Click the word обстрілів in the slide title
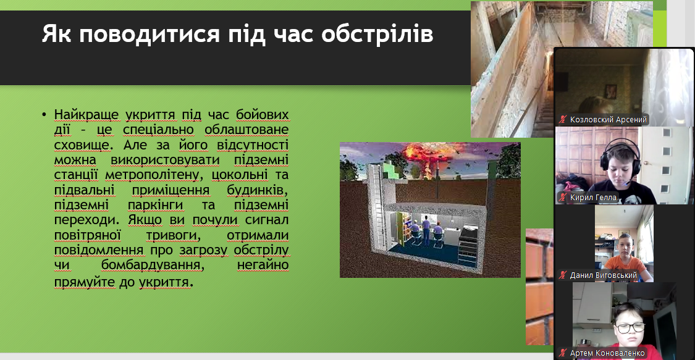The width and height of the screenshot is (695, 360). [x=377, y=33]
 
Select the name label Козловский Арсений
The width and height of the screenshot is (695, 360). [x=608, y=120]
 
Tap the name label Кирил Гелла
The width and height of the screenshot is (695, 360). [x=593, y=198]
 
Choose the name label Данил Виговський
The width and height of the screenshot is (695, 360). [x=603, y=275]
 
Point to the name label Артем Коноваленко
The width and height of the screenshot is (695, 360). [x=607, y=353]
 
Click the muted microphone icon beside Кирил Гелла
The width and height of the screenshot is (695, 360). [x=563, y=198]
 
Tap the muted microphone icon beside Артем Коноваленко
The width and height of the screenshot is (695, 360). [x=563, y=353]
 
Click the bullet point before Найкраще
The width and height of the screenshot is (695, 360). [x=44, y=115]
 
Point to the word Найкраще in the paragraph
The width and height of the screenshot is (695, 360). [x=86, y=115]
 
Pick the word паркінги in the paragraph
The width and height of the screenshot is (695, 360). [x=155, y=205]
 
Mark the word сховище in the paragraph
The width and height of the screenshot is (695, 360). [x=82, y=144]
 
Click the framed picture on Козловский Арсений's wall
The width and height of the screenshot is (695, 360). [x=611, y=91]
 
